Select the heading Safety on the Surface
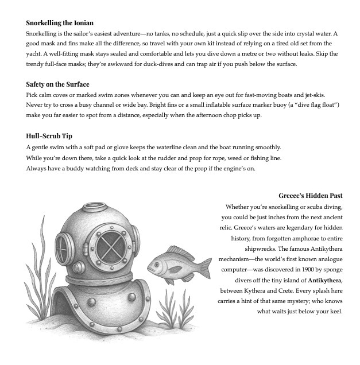point(57,84)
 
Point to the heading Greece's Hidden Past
point(311,196)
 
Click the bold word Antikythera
point(325,280)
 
